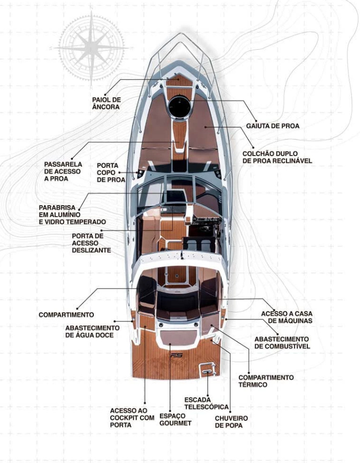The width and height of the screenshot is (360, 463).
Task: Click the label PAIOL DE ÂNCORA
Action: coord(106,103)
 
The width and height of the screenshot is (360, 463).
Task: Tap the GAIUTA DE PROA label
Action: coord(273,126)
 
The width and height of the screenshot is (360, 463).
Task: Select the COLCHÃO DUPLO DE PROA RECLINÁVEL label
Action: coord(277,157)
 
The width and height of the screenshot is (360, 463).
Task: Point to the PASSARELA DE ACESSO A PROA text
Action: coord(63,171)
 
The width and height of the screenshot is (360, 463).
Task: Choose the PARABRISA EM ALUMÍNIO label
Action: coord(72,215)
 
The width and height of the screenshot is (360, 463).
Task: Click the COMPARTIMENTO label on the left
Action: coord(66,315)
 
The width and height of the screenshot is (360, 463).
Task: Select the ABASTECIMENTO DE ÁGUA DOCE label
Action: coord(92,331)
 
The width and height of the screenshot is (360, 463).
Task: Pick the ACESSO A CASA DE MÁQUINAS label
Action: coord(287,317)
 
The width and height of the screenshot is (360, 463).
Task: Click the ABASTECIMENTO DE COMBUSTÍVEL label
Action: coord(282,342)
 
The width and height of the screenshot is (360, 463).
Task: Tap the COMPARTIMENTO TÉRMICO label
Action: coord(266,381)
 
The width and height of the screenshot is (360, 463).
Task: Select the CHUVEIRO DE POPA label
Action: coord(231,422)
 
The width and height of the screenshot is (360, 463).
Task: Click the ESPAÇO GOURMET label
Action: coord(175,419)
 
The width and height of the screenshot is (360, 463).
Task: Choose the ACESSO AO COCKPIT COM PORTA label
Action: coord(132,418)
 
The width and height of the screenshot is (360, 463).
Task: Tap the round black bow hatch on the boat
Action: coord(179,106)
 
